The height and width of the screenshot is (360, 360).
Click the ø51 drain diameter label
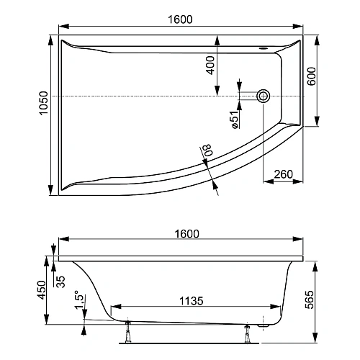click(x=235, y=118)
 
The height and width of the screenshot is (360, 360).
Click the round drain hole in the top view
click(x=264, y=96)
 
